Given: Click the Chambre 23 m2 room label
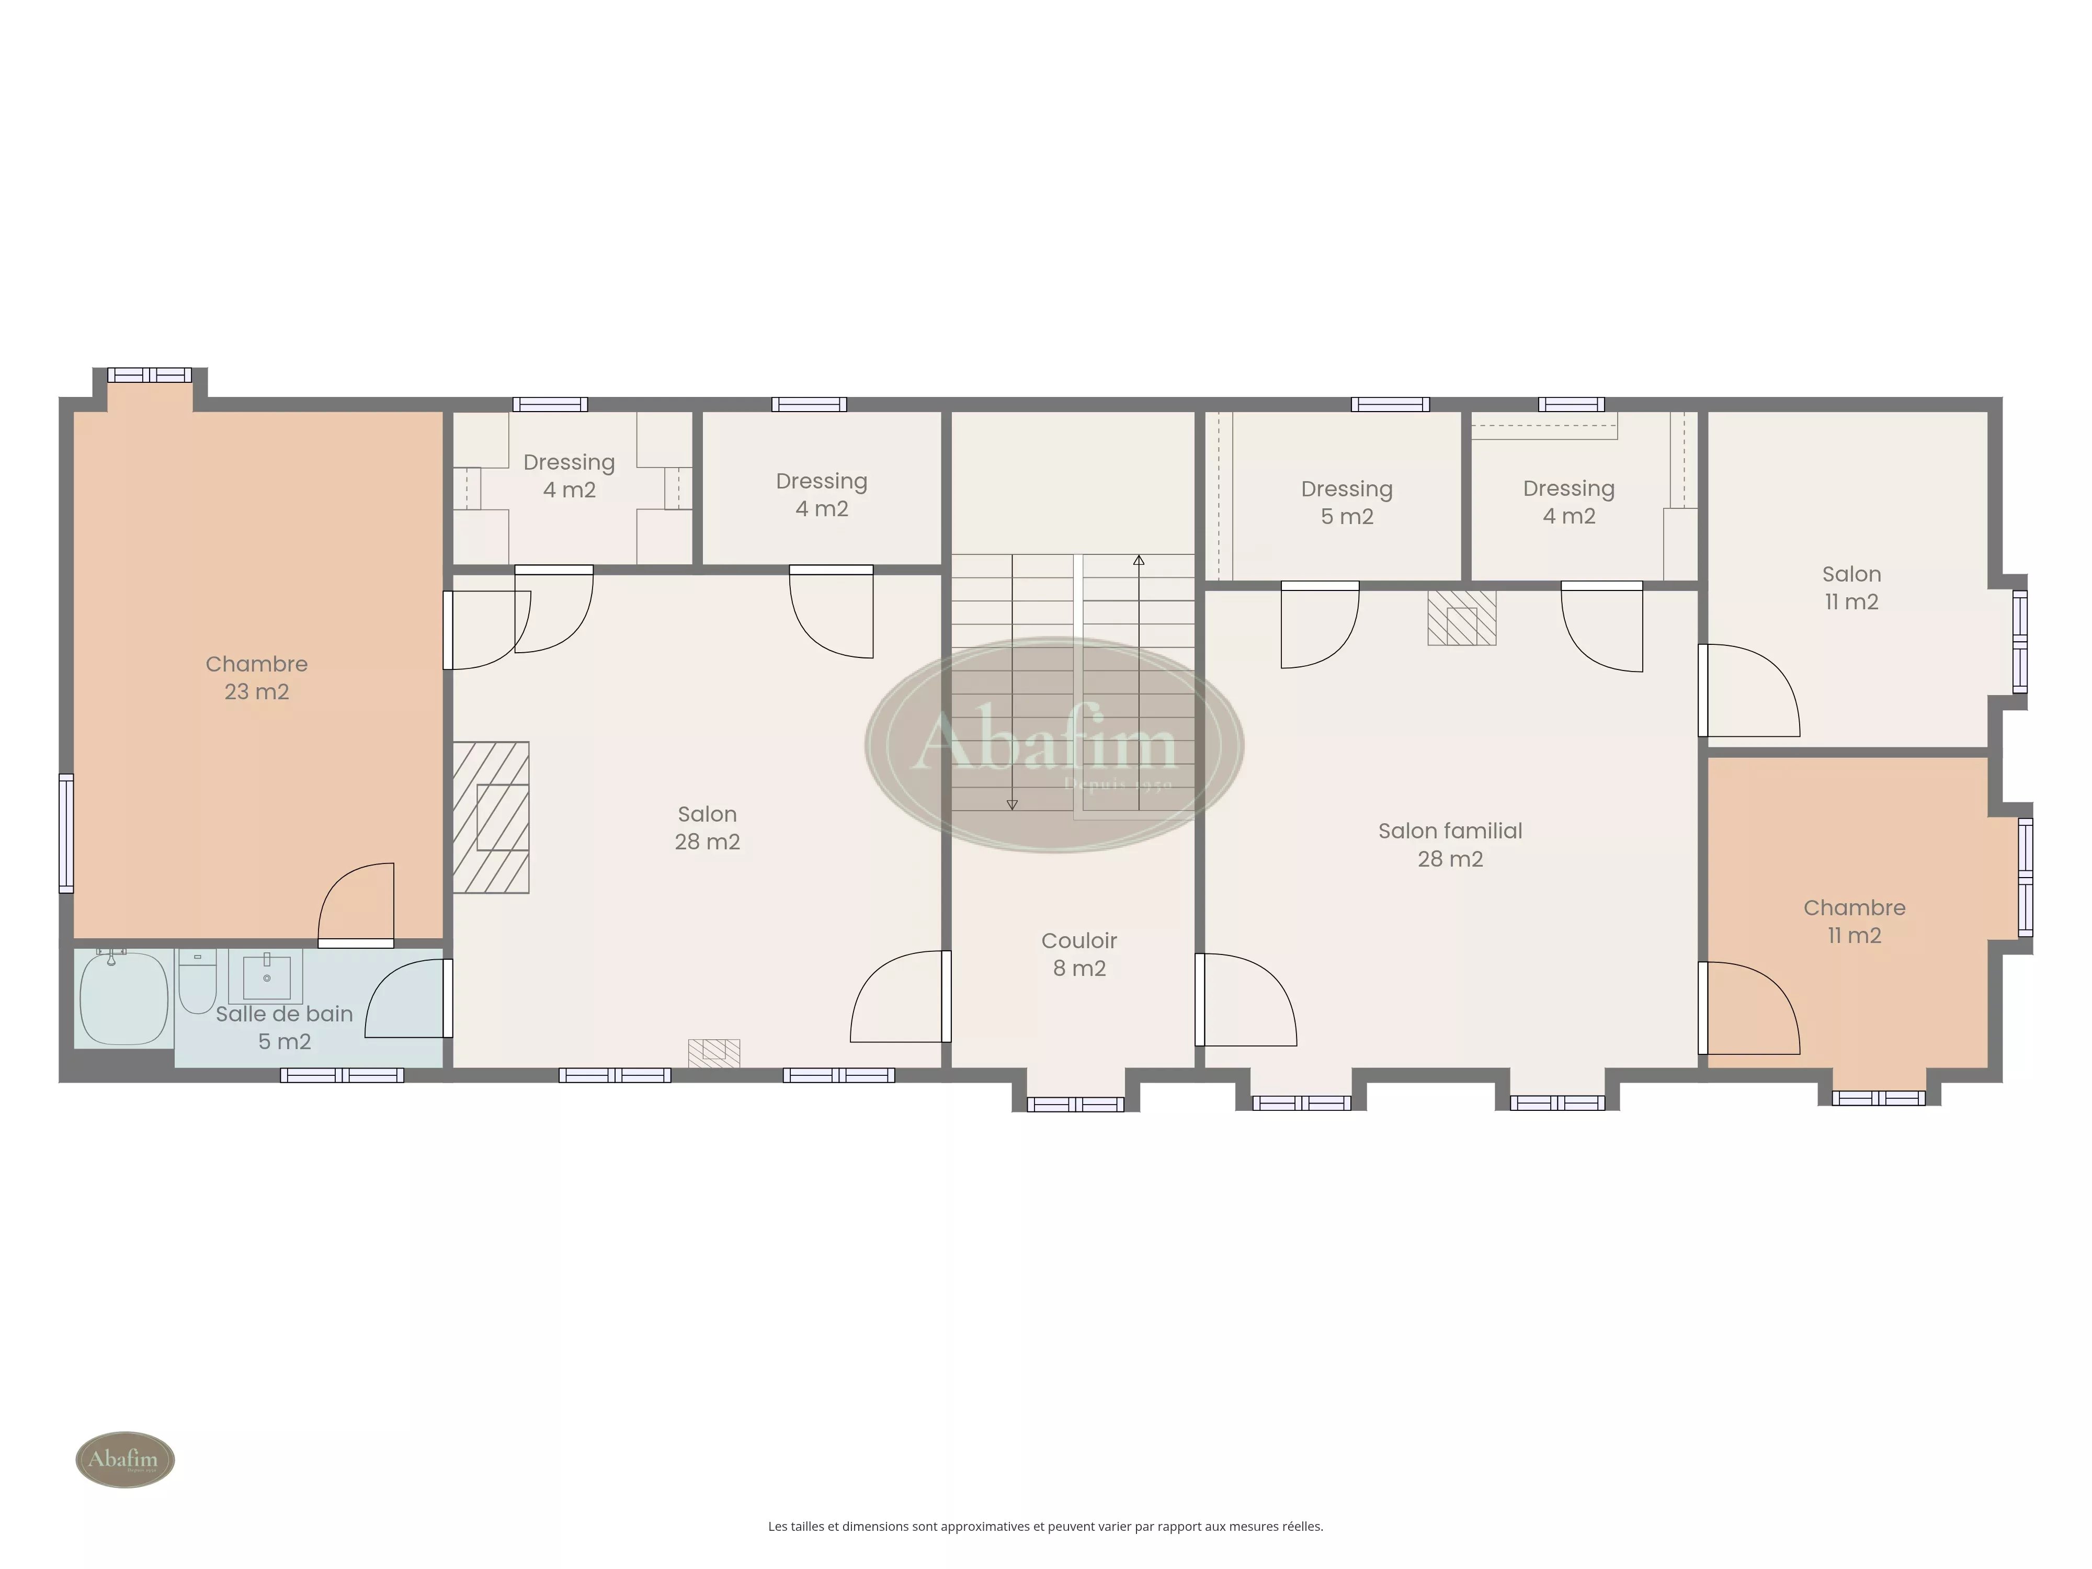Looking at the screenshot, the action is tap(256, 677).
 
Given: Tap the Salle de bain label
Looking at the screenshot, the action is tap(283, 1014).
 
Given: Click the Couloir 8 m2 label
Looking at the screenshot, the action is tap(1079, 954).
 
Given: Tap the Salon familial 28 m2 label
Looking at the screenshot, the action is tap(1450, 845).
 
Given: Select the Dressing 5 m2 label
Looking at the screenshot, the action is tap(1347, 502).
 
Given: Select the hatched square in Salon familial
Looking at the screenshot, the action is tap(1461, 619).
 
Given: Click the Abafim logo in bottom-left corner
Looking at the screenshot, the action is tap(125, 1459).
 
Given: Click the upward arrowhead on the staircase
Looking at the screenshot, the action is tap(1139, 561).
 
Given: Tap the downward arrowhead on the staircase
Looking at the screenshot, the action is tap(1012, 805).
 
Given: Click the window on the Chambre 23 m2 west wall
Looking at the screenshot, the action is tap(66, 833).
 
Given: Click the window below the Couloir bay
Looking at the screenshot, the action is tap(1075, 1104).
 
